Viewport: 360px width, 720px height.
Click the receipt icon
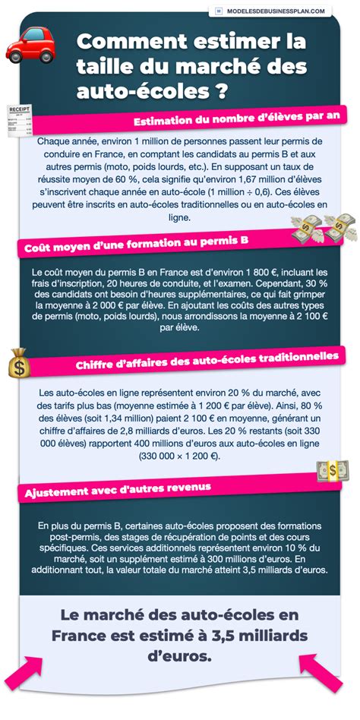pos(17,121)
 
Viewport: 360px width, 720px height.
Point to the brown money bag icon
pos(19,363)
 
